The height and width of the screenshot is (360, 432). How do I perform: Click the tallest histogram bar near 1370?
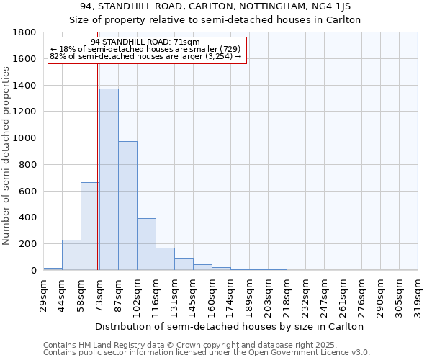click(x=109, y=179)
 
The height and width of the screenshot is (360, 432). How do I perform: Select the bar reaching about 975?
click(x=127, y=206)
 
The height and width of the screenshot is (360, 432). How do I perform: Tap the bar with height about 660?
click(x=90, y=226)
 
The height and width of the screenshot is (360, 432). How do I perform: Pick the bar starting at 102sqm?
click(x=146, y=244)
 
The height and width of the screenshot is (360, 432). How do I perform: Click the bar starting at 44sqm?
click(x=71, y=255)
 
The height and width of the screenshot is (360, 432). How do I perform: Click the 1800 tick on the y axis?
click(x=25, y=32)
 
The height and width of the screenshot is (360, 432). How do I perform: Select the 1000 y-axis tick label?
click(x=25, y=138)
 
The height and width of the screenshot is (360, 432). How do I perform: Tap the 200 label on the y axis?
click(x=28, y=244)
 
